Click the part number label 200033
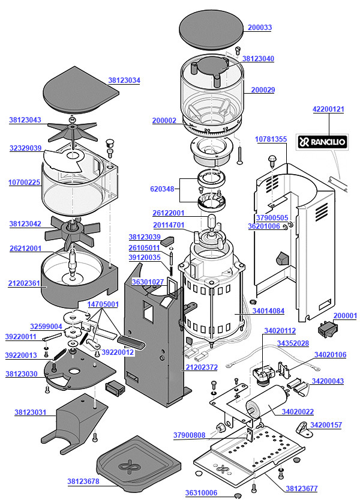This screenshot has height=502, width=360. point(259,28)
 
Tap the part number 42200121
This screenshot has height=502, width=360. point(329,109)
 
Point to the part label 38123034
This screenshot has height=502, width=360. point(124,80)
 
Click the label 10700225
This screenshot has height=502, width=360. point(25,183)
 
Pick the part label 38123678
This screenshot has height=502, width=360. point(83,481)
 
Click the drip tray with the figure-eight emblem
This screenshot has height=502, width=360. point(137,464)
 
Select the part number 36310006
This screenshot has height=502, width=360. point(201,492)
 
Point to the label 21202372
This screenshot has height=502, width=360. point(201,367)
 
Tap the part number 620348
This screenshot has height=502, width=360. point(162,189)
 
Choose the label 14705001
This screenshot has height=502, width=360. point(104,304)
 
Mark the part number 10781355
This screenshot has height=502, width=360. point(271,139)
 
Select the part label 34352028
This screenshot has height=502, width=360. point(293,343)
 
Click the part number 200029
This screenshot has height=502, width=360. point(263,90)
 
